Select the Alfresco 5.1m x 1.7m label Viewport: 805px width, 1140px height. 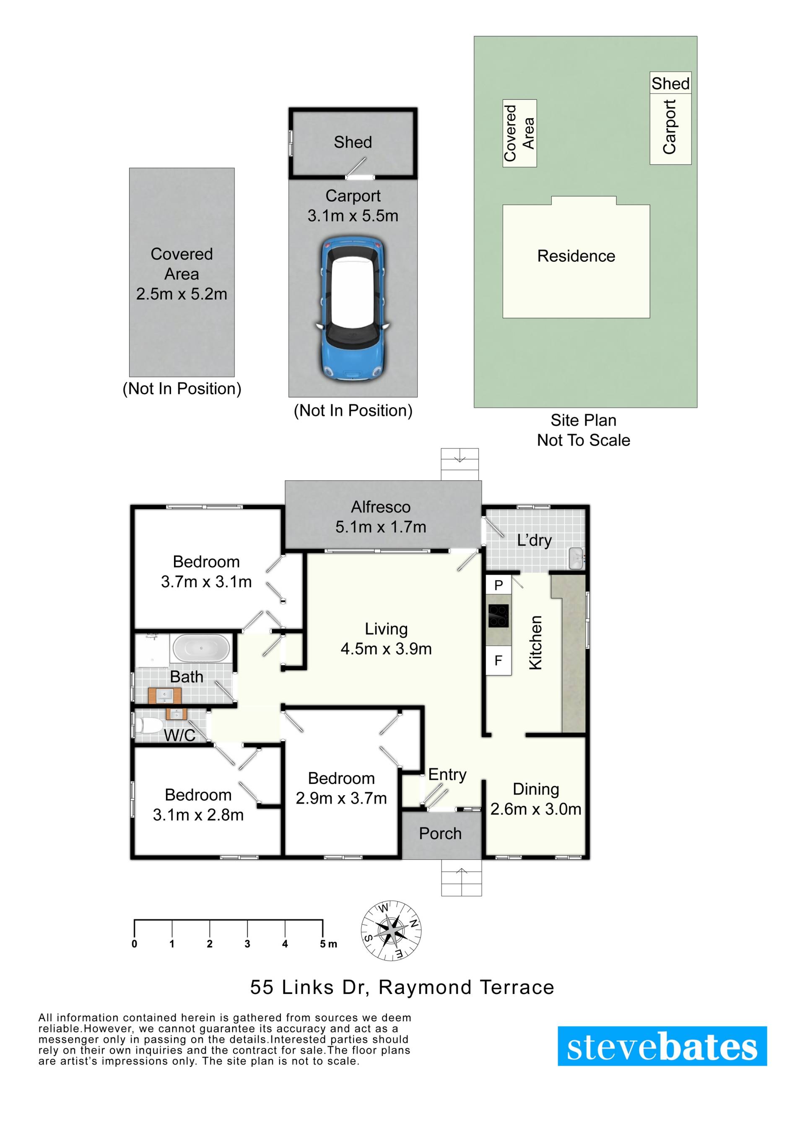381,517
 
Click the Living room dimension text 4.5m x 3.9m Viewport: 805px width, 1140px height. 386,649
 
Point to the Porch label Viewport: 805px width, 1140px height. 440,834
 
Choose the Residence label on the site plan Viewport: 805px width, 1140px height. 576,256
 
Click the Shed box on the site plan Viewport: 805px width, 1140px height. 670,83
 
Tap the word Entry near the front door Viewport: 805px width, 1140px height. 447,775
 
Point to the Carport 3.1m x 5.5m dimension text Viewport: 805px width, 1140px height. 353,216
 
